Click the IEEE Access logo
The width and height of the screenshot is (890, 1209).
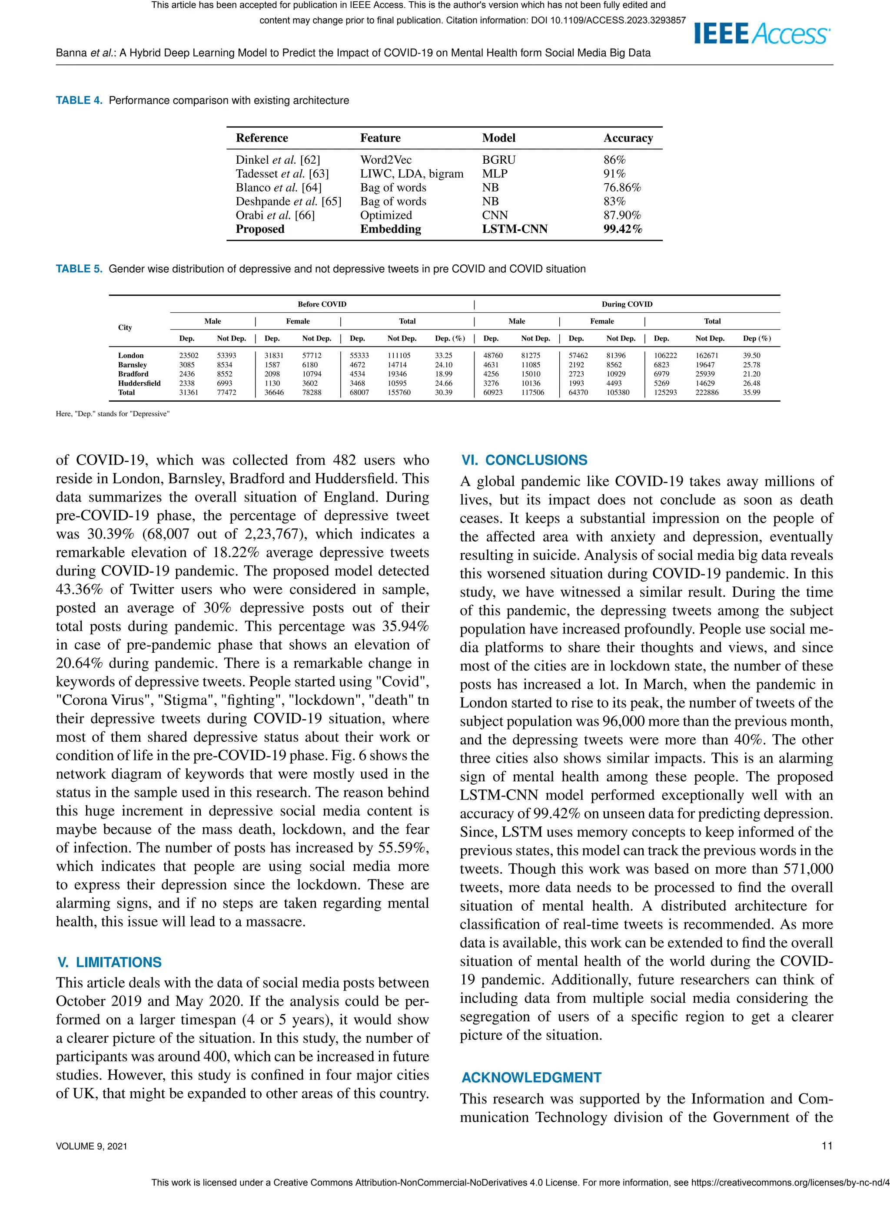[762, 33]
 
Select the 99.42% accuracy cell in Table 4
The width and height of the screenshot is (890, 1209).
[622, 229]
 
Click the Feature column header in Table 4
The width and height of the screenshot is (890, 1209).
[380, 138]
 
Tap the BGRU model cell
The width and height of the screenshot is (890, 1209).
[498, 160]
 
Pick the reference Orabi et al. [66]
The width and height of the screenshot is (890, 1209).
[275, 215]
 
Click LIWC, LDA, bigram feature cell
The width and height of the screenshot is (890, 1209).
[412, 173]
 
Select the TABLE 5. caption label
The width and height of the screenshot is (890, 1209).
[79, 269]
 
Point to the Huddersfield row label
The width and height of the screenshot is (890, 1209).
[139, 383]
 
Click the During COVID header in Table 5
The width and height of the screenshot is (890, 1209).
[627, 304]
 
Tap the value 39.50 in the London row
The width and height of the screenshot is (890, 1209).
[751, 356]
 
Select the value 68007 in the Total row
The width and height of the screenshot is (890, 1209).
[359, 393]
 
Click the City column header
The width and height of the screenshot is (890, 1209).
[125, 327]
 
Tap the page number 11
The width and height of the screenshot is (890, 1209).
[827, 1146]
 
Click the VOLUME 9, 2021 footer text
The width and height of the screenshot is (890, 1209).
[92, 1146]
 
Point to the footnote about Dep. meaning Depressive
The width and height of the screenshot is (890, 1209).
[113, 414]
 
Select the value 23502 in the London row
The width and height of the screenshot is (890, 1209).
[189, 356]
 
